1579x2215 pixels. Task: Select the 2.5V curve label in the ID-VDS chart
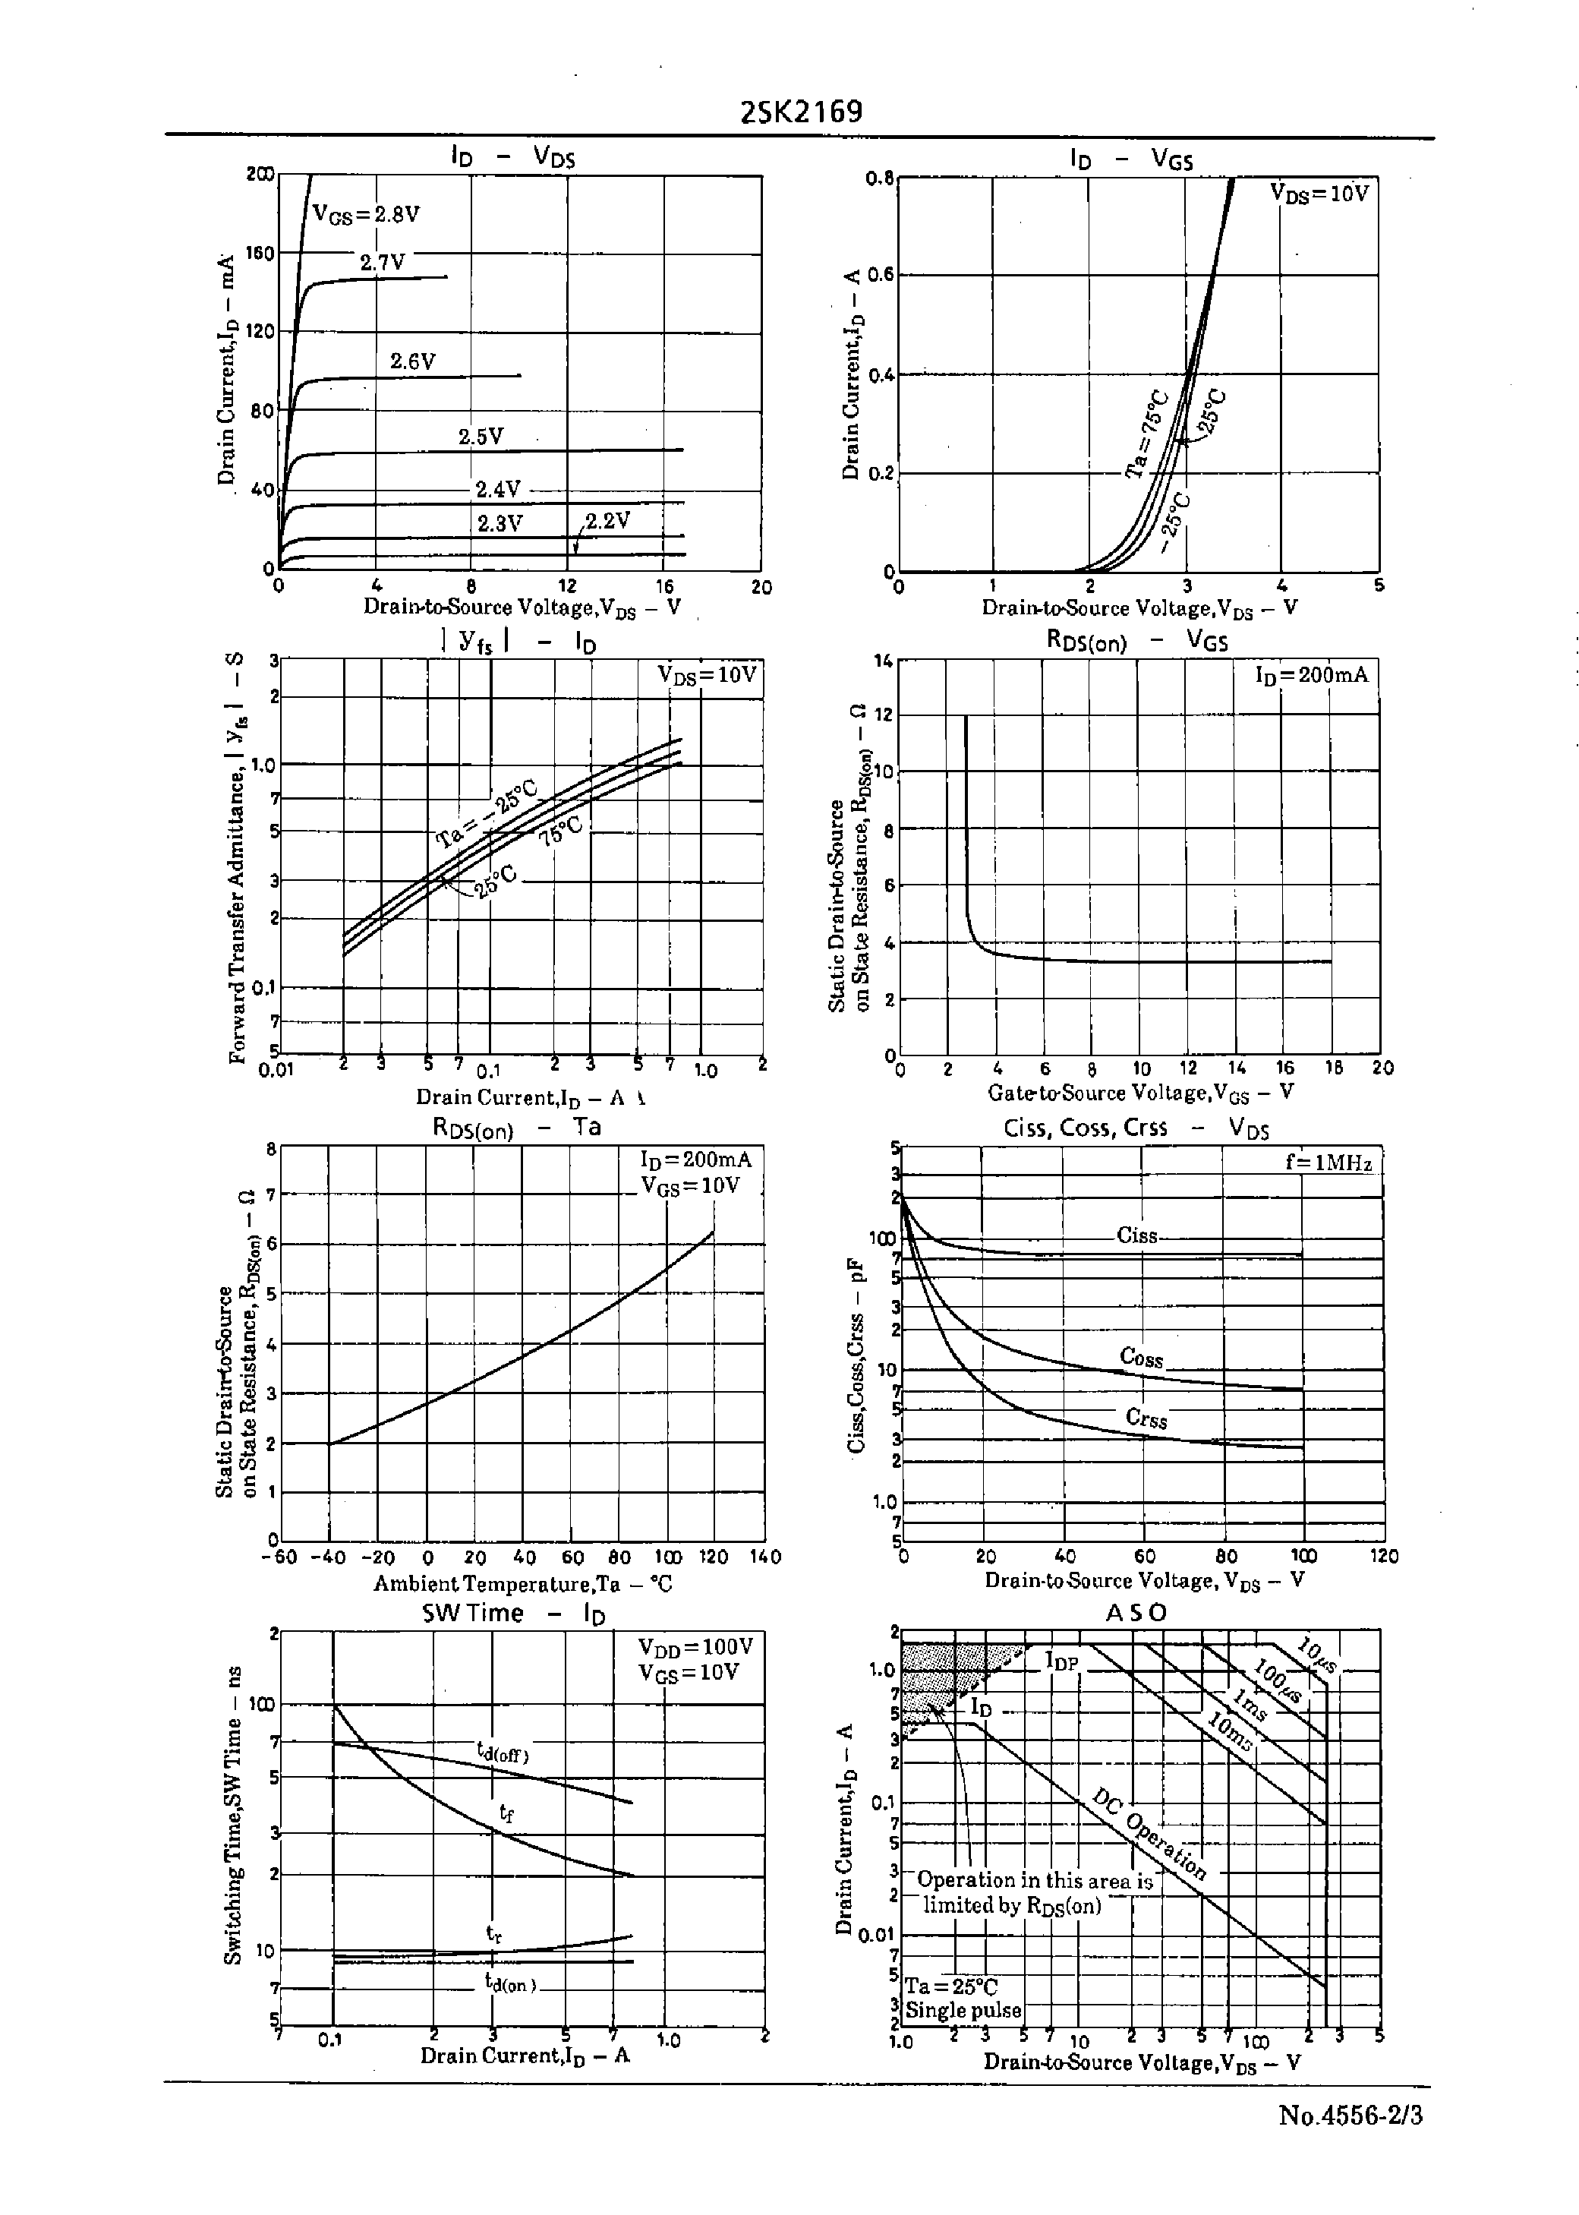coord(481,437)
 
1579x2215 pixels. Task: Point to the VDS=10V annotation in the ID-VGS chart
coord(1319,194)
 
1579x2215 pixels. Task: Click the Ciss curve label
coord(1136,1236)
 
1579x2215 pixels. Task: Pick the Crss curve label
coord(1146,1418)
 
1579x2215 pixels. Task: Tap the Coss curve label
coord(1142,1358)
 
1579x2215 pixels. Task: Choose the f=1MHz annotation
coord(1328,1162)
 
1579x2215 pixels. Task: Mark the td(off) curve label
coord(503,1752)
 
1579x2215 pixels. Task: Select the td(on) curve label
coord(510,1983)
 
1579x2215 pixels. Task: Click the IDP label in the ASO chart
coord(1063,1661)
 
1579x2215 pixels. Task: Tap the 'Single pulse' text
coord(963,2010)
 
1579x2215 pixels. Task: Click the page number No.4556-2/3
coord(1351,2143)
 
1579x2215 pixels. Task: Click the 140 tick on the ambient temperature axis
coord(765,1557)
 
